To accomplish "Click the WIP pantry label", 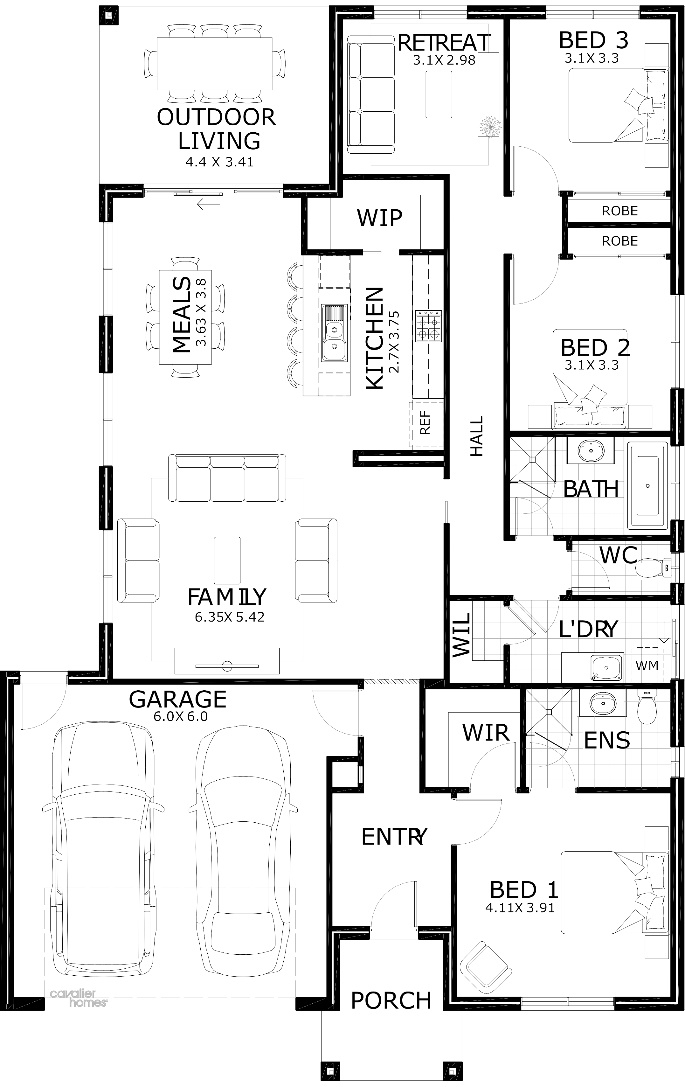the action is pyautogui.click(x=379, y=218).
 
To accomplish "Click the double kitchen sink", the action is pyautogui.click(x=334, y=333).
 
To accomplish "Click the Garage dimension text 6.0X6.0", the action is pyautogui.click(x=181, y=716).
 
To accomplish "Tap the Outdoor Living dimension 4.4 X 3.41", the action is pyautogui.click(x=219, y=162).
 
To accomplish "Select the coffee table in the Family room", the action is pyautogui.click(x=227, y=560).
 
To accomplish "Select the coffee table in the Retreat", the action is pyautogui.click(x=439, y=95).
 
